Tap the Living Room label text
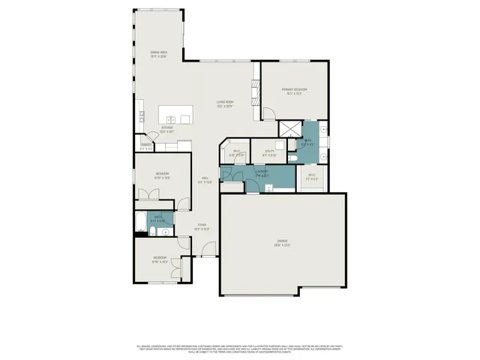coord(224,103)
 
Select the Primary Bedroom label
coord(295,91)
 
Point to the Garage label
coord(283,244)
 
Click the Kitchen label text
coord(167,130)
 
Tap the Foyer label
coord(202,226)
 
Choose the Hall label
coord(203,180)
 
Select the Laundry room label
coord(263,175)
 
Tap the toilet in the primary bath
coord(294,158)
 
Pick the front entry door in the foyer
coord(211,248)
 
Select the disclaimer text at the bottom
coord(240,348)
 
